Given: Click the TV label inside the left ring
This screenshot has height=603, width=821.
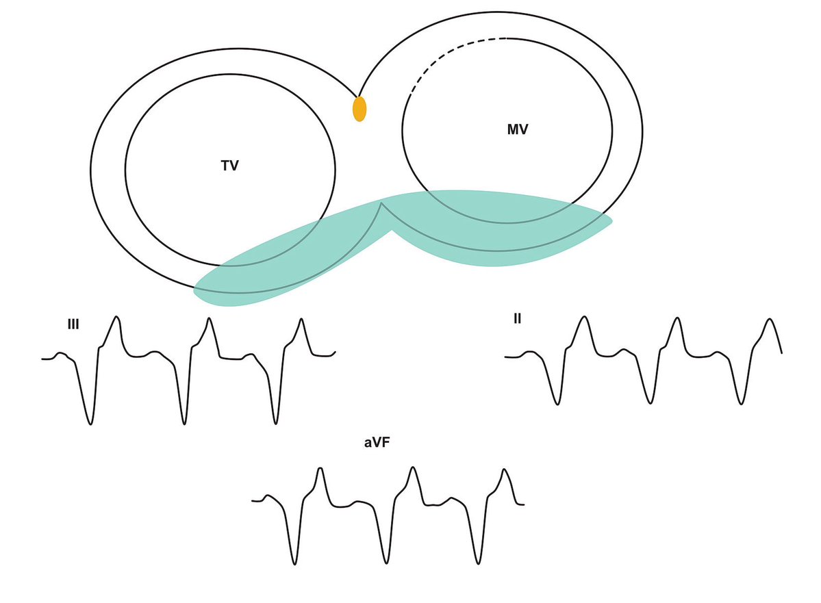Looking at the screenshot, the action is (x=230, y=166).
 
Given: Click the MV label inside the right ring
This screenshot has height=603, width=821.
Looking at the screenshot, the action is (x=517, y=130).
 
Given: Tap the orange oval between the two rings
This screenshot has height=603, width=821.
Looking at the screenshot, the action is (x=359, y=109).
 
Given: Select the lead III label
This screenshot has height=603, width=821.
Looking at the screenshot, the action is (x=73, y=324).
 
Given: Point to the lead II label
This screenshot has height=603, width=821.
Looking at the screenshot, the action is (x=517, y=318).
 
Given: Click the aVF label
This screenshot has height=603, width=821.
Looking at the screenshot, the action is (x=377, y=443).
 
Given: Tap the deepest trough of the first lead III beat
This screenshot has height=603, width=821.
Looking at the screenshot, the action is (x=90, y=424).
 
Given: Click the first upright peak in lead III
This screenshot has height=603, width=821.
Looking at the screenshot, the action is (x=117, y=317).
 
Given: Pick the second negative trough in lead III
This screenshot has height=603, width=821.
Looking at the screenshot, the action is (x=184, y=424).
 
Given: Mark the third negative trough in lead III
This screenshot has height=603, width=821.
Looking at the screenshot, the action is (x=276, y=423).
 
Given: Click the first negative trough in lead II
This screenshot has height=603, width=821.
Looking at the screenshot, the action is (x=557, y=404).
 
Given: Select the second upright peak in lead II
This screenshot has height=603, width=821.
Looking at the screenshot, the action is (x=677, y=318).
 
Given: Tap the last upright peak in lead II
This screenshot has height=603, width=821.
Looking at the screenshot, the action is (x=770, y=319).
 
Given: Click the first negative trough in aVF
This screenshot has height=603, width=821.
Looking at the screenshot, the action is (x=295, y=564).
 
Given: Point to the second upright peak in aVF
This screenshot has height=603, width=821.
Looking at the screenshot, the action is (x=413, y=467).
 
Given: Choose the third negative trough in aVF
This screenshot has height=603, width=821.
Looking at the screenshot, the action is (x=479, y=563).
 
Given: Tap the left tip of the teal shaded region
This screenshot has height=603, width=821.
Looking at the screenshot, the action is (x=194, y=290).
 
